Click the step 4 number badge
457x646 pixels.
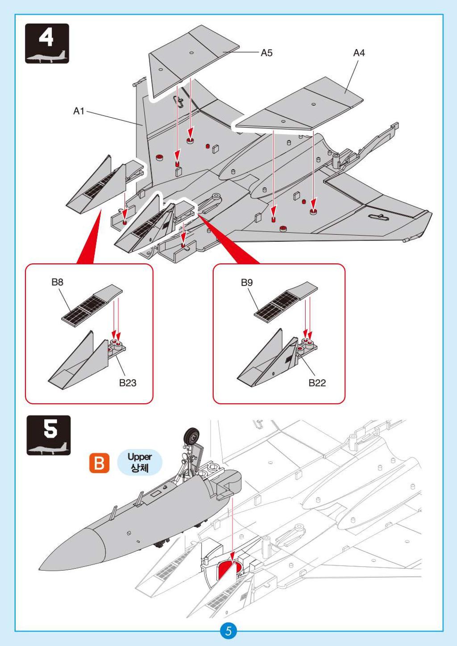click(x=47, y=43)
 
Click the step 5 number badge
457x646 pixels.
click(x=49, y=435)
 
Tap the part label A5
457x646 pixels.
click(x=266, y=53)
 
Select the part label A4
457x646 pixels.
click(x=359, y=53)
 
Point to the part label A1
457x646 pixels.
click(x=79, y=111)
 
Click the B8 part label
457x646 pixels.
click(x=57, y=282)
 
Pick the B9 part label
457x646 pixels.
click(x=247, y=282)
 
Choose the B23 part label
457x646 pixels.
click(x=128, y=383)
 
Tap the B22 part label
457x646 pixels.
click(x=317, y=383)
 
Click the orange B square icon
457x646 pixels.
click(x=99, y=463)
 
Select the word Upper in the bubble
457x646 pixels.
click(x=140, y=457)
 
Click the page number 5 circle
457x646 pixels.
click(x=228, y=631)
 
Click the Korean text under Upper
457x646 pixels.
click(x=140, y=468)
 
